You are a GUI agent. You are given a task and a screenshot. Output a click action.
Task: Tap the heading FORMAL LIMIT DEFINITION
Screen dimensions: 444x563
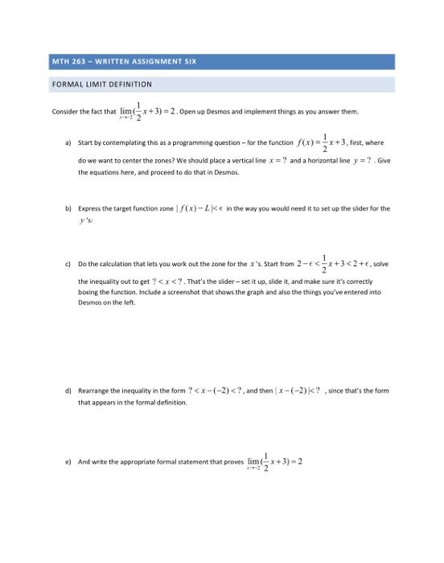101,84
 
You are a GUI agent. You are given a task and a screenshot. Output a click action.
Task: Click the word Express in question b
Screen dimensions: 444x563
89,208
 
